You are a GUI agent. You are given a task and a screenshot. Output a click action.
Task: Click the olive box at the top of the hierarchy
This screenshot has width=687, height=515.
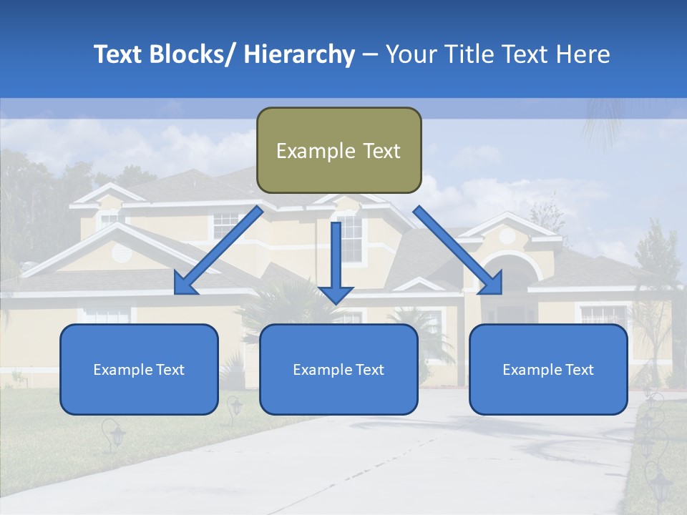click(338, 150)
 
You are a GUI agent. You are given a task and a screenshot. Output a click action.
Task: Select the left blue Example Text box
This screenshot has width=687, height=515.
click(139, 369)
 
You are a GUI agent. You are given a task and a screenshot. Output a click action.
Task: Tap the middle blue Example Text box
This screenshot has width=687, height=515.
click(338, 369)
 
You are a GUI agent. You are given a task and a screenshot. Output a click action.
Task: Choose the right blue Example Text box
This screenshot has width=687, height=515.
click(548, 369)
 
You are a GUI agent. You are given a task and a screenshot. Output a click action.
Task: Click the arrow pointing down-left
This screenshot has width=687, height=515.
click(218, 250)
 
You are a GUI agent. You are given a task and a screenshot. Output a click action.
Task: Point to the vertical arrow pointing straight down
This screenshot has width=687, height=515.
click(336, 261)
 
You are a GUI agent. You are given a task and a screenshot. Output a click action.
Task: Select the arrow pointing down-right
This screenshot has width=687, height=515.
click(458, 250)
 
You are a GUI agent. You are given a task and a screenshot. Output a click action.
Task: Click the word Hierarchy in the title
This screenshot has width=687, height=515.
click(299, 55)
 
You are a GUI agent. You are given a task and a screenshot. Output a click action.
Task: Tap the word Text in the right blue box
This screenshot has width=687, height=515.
click(579, 370)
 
